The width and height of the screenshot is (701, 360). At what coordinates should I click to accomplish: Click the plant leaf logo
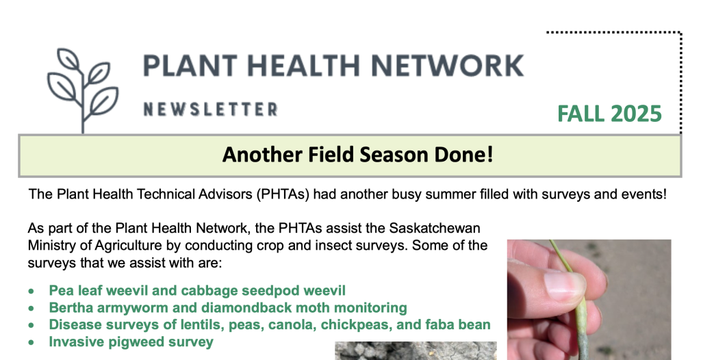(83, 90)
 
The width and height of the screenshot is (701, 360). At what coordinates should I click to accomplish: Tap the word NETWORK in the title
(447, 66)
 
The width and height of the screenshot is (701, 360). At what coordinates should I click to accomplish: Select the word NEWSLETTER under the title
(211, 110)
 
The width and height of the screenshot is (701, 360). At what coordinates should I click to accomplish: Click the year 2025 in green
(636, 114)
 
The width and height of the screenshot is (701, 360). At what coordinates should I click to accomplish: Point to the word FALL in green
(581, 114)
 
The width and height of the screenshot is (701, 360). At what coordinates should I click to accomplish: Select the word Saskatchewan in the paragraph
(435, 228)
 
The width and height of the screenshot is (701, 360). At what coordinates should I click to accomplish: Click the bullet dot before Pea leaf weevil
(31, 292)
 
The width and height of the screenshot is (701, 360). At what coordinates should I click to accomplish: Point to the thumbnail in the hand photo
(565, 285)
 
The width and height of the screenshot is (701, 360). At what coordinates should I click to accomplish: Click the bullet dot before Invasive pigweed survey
(31, 343)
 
